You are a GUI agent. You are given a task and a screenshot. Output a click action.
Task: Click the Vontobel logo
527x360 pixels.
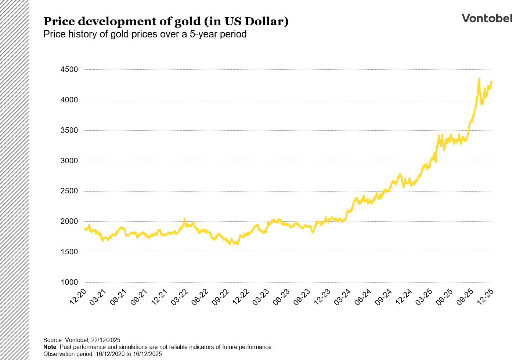487,18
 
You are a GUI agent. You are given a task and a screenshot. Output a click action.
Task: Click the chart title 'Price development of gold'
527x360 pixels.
166,22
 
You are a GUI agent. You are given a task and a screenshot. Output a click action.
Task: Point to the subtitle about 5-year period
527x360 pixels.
145,34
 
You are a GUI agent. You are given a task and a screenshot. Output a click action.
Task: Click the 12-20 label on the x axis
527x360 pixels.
79,297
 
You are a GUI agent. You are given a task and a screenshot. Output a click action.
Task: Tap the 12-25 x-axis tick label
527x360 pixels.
486,297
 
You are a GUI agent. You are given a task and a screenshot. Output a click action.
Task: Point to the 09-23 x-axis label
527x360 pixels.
302,297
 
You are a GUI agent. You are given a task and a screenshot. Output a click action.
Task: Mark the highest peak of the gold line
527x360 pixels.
479,79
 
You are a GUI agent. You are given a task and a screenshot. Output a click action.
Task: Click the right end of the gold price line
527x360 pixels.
492,81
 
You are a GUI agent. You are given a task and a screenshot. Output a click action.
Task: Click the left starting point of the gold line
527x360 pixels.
85,229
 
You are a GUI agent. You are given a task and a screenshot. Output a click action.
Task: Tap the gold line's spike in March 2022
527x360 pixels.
184,219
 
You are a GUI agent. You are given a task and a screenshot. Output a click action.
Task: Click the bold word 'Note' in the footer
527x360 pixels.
50,347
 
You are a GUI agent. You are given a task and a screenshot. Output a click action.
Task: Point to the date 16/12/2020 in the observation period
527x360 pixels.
109,354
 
